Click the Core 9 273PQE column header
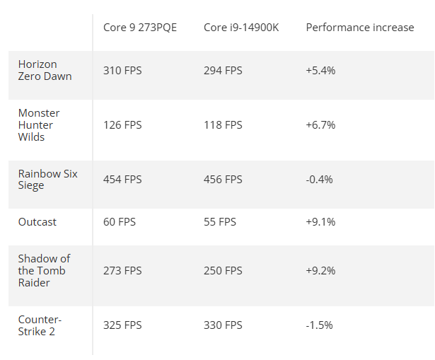pos(140,28)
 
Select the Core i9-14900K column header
pos(241,28)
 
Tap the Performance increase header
pos(360,28)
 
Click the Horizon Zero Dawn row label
pos(45,70)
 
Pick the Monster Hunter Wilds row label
pos(39,124)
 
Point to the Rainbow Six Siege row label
pos(47,180)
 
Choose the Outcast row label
pos(37,222)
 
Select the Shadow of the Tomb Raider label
pos(44,270)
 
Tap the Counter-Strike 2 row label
pos(40,325)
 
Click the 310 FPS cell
pos(122,71)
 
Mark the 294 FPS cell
pos(223,71)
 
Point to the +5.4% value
pos(320,71)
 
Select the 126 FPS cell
pos(122,125)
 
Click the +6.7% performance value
pos(320,125)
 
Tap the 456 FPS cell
pos(223,180)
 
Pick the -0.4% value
pos(319,180)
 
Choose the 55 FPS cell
pos(220,222)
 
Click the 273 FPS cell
pos(122,271)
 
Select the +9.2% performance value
pos(320,271)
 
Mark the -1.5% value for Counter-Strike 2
pos(319,325)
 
